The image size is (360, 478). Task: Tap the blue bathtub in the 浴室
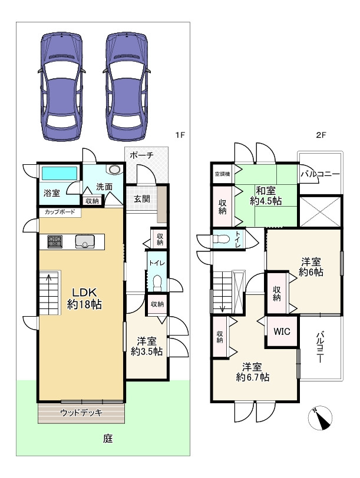click(x=58, y=174)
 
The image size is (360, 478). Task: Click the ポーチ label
click(x=141, y=155)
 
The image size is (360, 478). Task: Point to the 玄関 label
click(x=141, y=199)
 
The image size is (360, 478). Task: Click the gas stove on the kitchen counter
click(x=55, y=241)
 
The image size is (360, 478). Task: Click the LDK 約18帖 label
click(x=81, y=298)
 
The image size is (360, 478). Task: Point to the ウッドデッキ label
click(x=81, y=413)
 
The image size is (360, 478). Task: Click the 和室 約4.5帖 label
click(x=265, y=195)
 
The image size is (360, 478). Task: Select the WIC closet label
click(x=281, y=331)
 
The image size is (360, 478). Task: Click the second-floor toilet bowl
click(x=221, y=240)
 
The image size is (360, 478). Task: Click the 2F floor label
click(x=321, y=135)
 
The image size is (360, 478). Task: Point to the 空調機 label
click(x=222, y=173)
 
